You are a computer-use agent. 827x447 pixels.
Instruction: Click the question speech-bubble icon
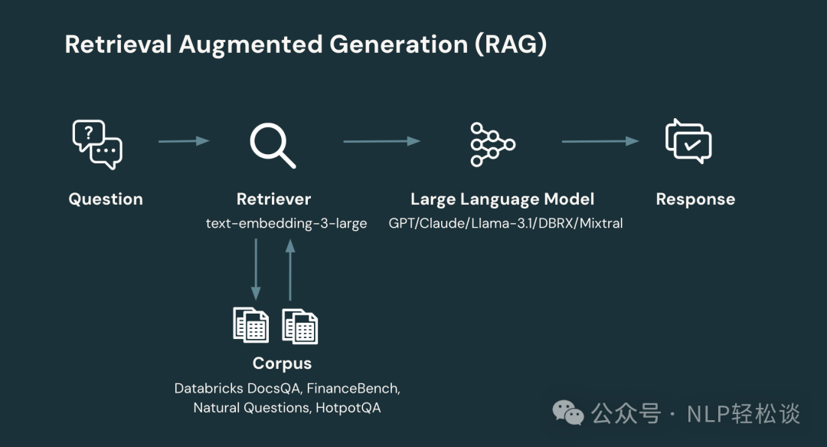[x=97, y=144]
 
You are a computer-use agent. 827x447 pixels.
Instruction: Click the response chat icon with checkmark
[x=688, y=142]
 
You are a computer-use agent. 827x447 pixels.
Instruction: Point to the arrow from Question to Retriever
[x=184, y=141]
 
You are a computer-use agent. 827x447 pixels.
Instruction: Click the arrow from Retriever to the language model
[x=381, y=141]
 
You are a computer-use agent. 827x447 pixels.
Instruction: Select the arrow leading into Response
[x=600, y=141]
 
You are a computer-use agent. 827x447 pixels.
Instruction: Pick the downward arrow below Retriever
[x=256, y=268]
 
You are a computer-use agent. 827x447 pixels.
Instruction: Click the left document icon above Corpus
[x=251, y=325]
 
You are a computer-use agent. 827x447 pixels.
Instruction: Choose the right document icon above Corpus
[x=300, y=325]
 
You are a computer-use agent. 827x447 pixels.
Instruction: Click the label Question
[x=106, y=199]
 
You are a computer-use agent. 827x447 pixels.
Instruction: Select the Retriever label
[x=273, y=199]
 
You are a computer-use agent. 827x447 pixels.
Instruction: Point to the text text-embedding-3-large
[x=286, y=224]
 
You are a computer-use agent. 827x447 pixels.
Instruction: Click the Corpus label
[x=282, y=363]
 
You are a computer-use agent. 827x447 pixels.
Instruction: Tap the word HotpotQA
[x=348, y=408]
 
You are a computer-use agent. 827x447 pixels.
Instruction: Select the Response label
[x=695, y=199]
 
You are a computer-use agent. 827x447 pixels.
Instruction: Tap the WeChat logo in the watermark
[x=567, y=415]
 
